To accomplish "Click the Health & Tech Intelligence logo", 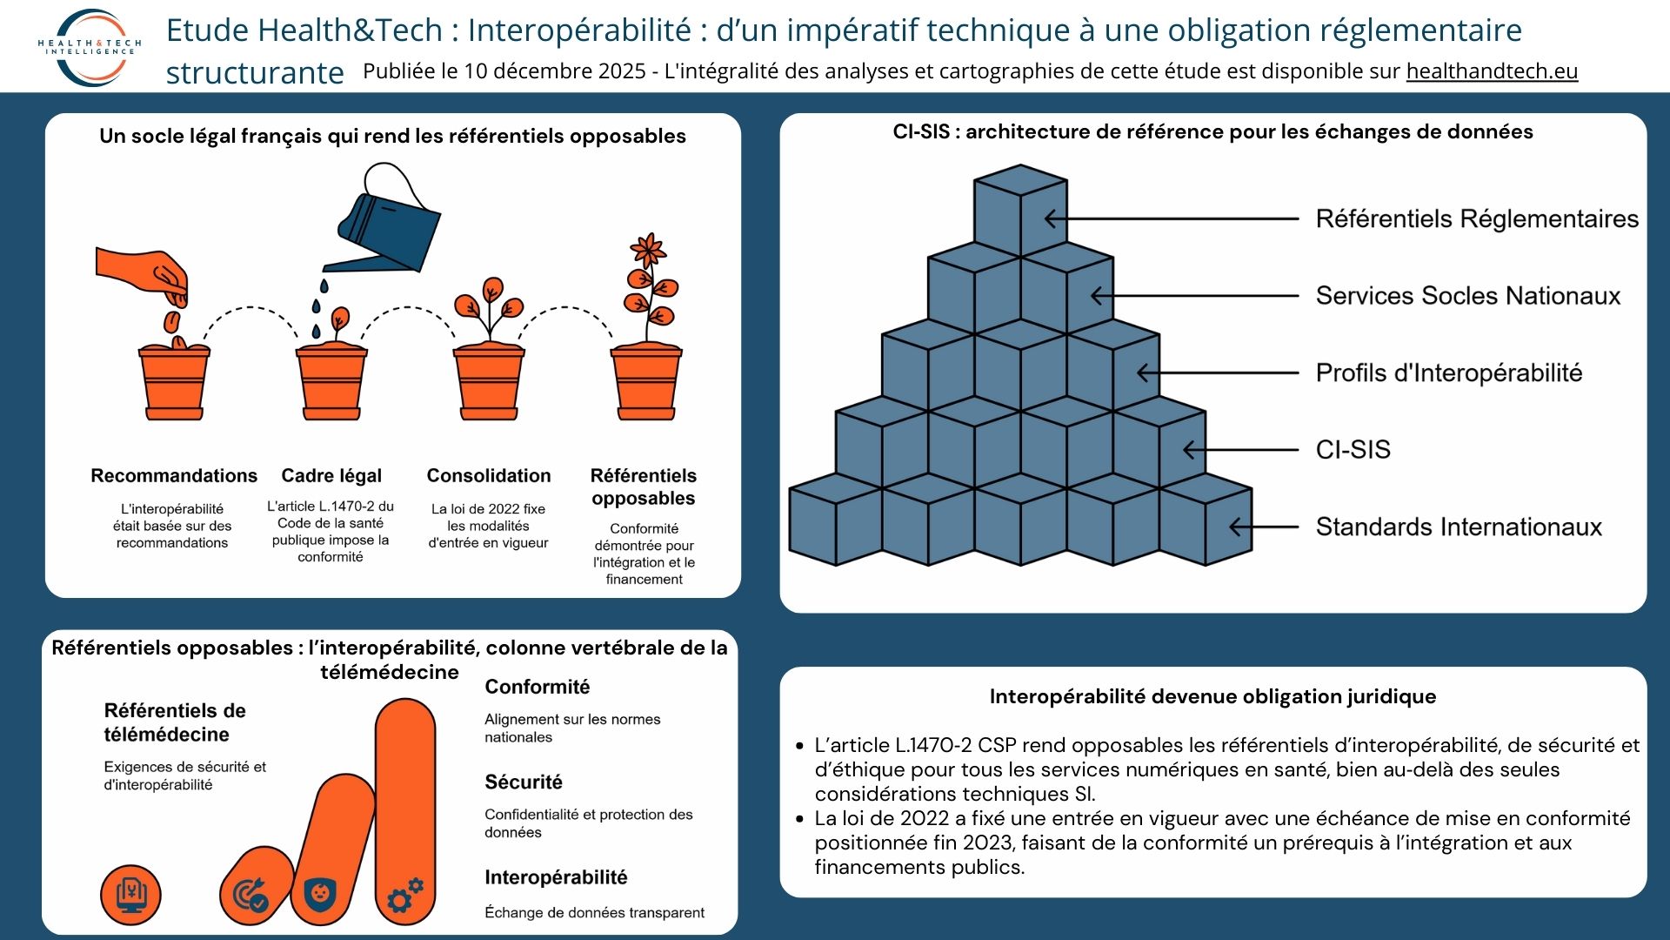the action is tap(90, 47).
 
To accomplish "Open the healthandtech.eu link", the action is tap(1492, 71).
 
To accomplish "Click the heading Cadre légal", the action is tap(331, 476).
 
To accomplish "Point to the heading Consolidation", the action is tap(489, 476).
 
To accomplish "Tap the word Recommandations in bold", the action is tap(174, 476).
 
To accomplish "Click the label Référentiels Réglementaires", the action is tap(1477, 218).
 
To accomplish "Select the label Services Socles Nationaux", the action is tap(1468, 296).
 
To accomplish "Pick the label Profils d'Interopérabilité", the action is tap(1449, 373).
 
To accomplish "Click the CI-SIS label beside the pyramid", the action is tap(1353, 450).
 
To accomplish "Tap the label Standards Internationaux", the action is tap(1459, 527).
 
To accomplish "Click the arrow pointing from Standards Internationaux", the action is tap(1264, 527).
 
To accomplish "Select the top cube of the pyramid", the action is tap(1020, 211).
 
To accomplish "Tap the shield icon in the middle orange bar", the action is tap(320, 893).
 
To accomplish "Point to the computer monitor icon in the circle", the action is tap(131, 895).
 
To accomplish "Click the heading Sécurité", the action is tap(524, 782).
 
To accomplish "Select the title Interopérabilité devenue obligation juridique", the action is tap(1212, 696).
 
